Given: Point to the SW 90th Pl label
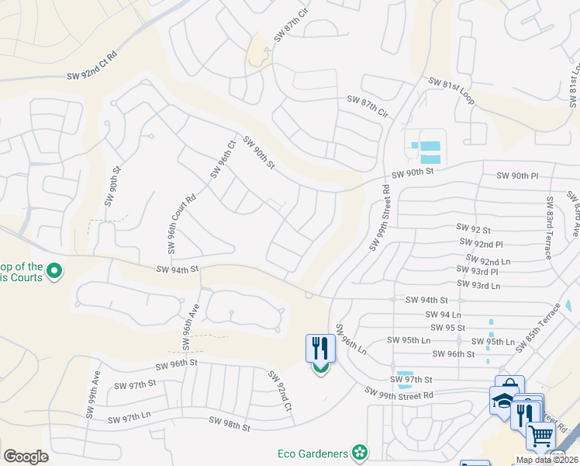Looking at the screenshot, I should coord(517,176).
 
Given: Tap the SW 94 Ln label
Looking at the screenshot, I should coord(444,315).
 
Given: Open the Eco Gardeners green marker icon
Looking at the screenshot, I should coord(359,452).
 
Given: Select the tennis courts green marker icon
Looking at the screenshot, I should coord(54,272).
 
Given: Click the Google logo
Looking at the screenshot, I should coord(26,456).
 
